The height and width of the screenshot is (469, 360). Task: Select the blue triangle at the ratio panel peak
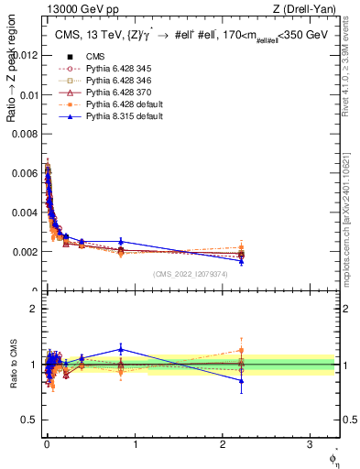coord(121,349)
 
